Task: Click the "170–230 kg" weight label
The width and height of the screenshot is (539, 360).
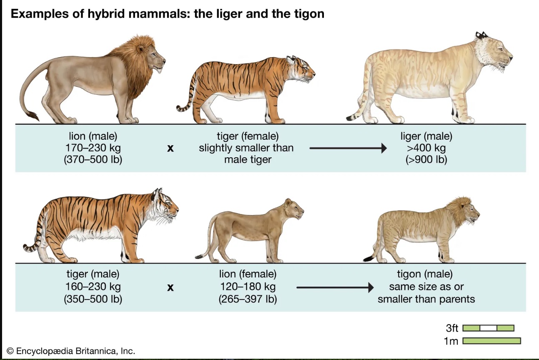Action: click(93, 148)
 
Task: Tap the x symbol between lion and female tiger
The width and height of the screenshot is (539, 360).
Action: click(170, 148)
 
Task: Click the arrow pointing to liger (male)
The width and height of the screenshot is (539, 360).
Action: click(348, 148)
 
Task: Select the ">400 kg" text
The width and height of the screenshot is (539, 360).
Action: click(426, 148)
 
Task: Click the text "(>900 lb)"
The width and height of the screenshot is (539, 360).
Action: click(426, 159)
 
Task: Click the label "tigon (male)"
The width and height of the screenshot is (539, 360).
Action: click(425, 274)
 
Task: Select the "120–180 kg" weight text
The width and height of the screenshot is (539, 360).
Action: click(248, 287)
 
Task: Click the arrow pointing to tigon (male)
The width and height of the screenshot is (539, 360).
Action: click(335, 287)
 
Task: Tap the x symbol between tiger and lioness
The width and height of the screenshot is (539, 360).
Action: click(170, 287)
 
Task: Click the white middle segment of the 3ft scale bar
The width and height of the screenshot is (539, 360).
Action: click(488, 328)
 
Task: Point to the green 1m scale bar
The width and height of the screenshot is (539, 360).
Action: click(491, 341)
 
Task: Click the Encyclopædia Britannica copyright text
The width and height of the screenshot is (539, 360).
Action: click(71, 351)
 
